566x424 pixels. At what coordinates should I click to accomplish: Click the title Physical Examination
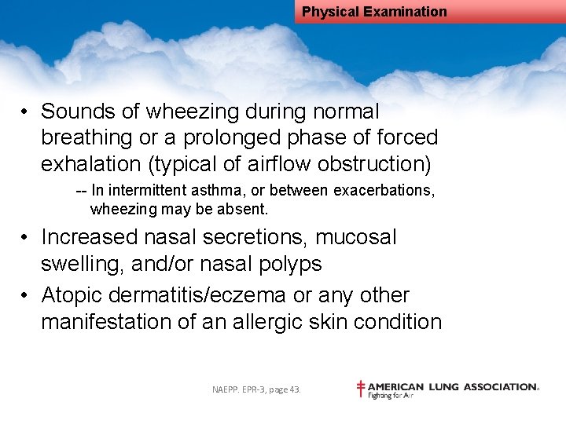point(374,12)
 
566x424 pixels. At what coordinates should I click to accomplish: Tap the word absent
point(248,210)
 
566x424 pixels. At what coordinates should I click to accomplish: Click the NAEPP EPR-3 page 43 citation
point(256,389)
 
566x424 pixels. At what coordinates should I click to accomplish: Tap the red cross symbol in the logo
point(361,388)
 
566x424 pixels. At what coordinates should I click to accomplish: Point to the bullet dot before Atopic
point(26,296)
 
